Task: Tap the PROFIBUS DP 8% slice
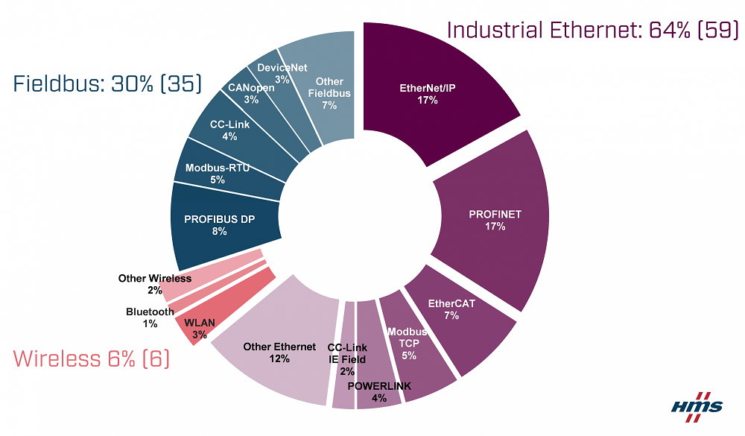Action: (216, 224)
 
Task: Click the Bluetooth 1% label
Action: (150, 317)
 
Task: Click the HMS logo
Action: (697, 405)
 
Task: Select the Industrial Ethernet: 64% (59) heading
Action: (593, 31)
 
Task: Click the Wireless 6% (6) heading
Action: (92, 359)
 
